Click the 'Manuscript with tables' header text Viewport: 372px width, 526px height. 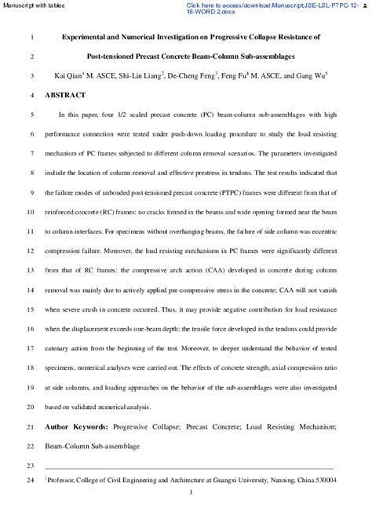click(x=29, y=5)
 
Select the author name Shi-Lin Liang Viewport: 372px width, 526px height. click(x=138, y=76)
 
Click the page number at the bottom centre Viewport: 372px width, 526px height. click(x=191, y=492)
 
